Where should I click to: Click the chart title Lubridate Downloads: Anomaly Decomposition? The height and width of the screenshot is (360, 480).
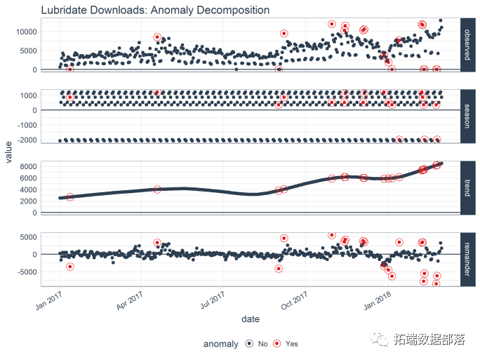155,10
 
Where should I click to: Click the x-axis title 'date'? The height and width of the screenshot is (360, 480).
251,319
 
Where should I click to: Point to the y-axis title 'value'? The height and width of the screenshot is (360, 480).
9,152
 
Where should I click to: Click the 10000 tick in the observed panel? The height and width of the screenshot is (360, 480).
22,32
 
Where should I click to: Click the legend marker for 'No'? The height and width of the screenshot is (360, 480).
250,344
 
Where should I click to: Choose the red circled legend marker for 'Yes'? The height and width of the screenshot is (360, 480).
277,344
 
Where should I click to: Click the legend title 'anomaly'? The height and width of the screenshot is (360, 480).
220,344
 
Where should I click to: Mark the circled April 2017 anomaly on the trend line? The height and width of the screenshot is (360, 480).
157,189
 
